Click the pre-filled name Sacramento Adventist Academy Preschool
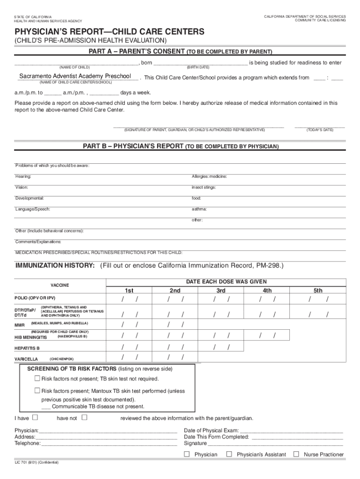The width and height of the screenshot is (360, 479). (75, 76)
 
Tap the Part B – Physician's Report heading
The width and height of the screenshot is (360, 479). (180, 146)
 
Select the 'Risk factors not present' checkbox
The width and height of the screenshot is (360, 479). (37, 378)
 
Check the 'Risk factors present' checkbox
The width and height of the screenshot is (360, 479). (37, 391)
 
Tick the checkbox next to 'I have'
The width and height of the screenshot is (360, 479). (36, 417)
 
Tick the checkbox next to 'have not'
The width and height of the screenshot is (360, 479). (85, 417)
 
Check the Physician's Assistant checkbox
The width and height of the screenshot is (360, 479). (229, 454)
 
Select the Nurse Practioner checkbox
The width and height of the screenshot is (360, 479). (296, 454)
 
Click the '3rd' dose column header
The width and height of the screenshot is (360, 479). (221, 290)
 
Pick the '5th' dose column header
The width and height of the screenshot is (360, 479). (318, 290)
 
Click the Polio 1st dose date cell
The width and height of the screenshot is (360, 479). (130, 299)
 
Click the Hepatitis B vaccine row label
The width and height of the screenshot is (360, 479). (27, 348)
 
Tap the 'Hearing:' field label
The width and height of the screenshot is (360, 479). (23, 176)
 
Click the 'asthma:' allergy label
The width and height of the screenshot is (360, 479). (199, 209)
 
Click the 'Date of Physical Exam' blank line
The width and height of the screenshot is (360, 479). (292, 430)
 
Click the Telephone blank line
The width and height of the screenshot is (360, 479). (109, 443)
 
